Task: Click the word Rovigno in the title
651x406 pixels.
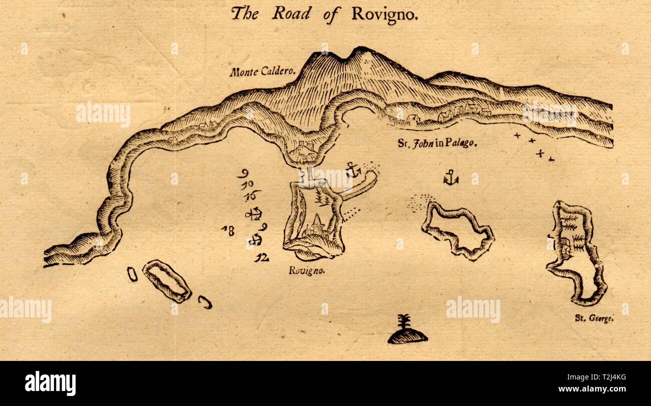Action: pyautogui.click(x=384, y=15)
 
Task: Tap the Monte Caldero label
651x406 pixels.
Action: pyautogui.click(x=263, y=72)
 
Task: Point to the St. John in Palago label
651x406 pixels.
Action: pyautogui.click(x=437, y=144)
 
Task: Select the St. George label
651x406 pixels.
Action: pyautogui.click(x=594, y=317)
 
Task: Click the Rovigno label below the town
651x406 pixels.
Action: pyautogui.click(x=307, y=271)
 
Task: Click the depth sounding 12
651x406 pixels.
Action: pyautogui.click(x=261, y=258)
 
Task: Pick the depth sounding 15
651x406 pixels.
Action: pyautogui.click(x=252, y=196)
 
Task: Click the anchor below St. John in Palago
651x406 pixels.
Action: pyautogui.click(x=451, y=178)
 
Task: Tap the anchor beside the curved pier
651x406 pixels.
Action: pyautogui.click(x=353, y=170)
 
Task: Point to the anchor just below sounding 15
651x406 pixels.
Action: pyautogui.click(x=254, y=214)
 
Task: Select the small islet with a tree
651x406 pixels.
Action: pyautogui.click(x=408, y=331)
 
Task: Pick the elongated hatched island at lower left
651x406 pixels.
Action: pyautogui.click(x=167, y=281)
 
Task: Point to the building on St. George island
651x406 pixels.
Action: pyautogui.click(x=566, y=248)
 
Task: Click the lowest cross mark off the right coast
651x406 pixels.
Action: pyautogui.click(x=551, y=159)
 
